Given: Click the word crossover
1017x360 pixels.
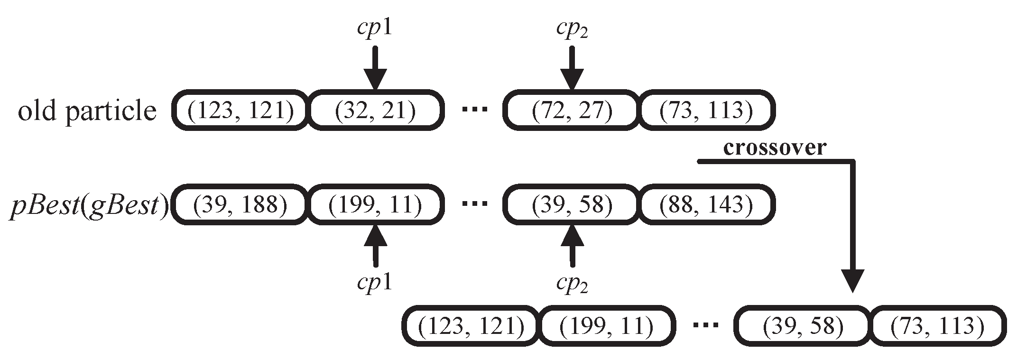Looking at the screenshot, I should (x=774, y=148).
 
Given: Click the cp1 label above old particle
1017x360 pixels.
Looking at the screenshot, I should (x=375, y=29).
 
